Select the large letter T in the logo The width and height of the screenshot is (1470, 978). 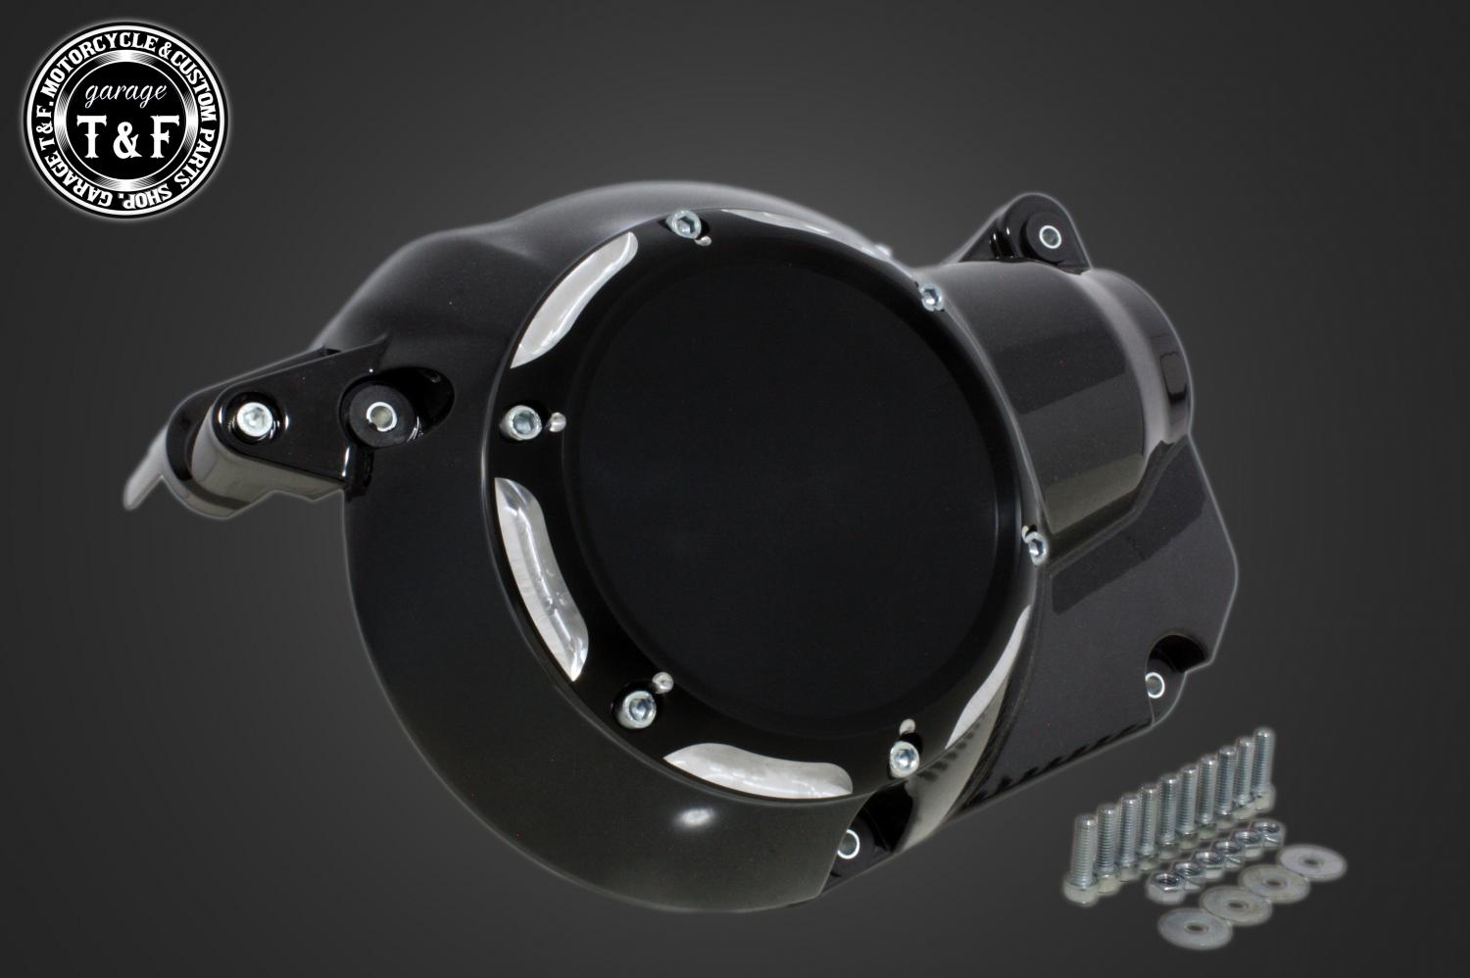pos(91,137)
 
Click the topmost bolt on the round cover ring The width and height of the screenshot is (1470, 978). pos(686,224)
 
